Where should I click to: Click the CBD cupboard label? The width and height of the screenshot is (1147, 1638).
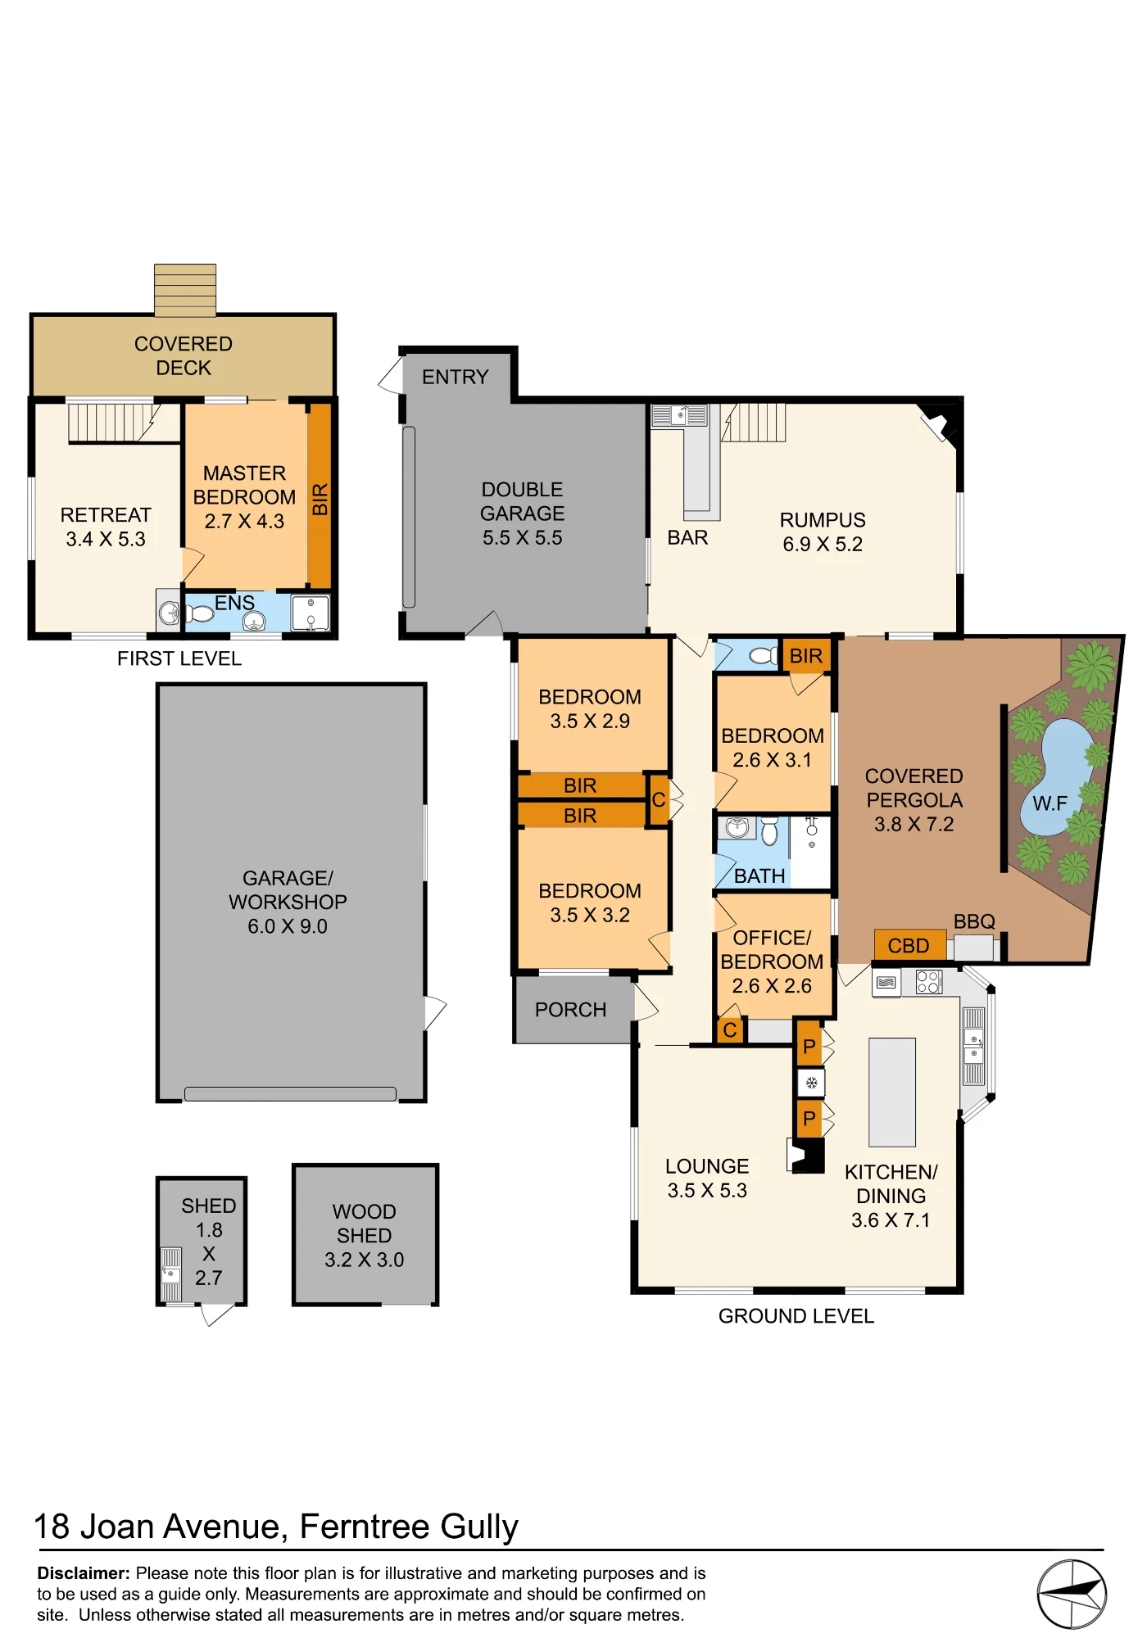(x=908, y=945)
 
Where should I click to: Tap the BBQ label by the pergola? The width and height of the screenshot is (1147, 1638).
(x=974, y=921)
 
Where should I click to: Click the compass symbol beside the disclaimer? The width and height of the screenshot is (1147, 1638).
(x=1072, y=1594)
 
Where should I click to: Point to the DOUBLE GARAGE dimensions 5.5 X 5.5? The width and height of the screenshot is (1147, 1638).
(x=523, y=538)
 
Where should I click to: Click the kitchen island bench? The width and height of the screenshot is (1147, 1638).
(x=892, y=1092)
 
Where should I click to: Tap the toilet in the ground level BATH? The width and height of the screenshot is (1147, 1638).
(x=769, y=830)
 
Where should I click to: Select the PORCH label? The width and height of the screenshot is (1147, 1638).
(x=571, y=1010)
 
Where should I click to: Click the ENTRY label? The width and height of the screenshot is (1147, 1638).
(x=456, y=377)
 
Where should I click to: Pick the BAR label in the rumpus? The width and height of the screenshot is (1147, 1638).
(x=687, y=537)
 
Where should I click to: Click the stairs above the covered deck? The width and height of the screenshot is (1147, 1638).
(x=185, y=290)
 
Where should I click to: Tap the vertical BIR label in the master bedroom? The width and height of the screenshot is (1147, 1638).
(x=320, y=500)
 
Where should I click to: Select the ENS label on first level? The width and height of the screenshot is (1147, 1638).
(x=234, y=603)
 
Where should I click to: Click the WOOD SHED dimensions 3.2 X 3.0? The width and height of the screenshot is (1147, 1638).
(x=365, y=1260)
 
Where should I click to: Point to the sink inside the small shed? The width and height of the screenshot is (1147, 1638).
(x=170, y=1274)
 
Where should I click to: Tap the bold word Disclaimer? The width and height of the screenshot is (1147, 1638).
(x=84, y=1573)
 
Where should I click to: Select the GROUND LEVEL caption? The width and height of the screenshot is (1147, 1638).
(x=796, y=1316)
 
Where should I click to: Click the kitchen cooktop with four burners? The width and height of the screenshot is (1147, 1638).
(x=928, y=982)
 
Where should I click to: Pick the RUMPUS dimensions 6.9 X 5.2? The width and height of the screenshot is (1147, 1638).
(x=823, y=545)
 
